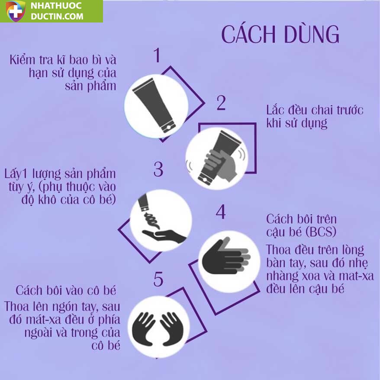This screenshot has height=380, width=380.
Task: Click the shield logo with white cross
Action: pyautogui.click(x=16, y=11)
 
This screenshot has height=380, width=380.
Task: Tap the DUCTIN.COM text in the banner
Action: pyautogui.click(x=57, y=16)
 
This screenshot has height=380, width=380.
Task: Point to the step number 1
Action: pyautogui.click(x=157, y=55)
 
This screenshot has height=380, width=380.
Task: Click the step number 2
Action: pyautogui.click(x=221, y=103)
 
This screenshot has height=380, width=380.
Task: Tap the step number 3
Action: pyautogui.click(x=158, y=169)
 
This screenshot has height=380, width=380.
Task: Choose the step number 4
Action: pyautogui.click(x=221, y=212)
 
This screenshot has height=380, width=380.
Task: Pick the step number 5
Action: pyautogui.click(x=158, y=279)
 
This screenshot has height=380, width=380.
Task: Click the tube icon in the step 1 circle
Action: pyautogui.click(x=154, y=106)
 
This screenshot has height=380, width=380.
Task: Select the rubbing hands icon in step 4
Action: pyautogui.click(x=225, y=258)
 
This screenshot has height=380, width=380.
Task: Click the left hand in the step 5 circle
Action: pyautogui.click(x=143, y=328)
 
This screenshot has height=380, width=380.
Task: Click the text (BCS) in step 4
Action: pyautogui.click(x=321, y=232)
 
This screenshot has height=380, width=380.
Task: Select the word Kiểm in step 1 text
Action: pyautogui.click(x=23, y=60)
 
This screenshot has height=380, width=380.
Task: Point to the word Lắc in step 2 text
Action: pyautogui.click(x=275, y=110)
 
